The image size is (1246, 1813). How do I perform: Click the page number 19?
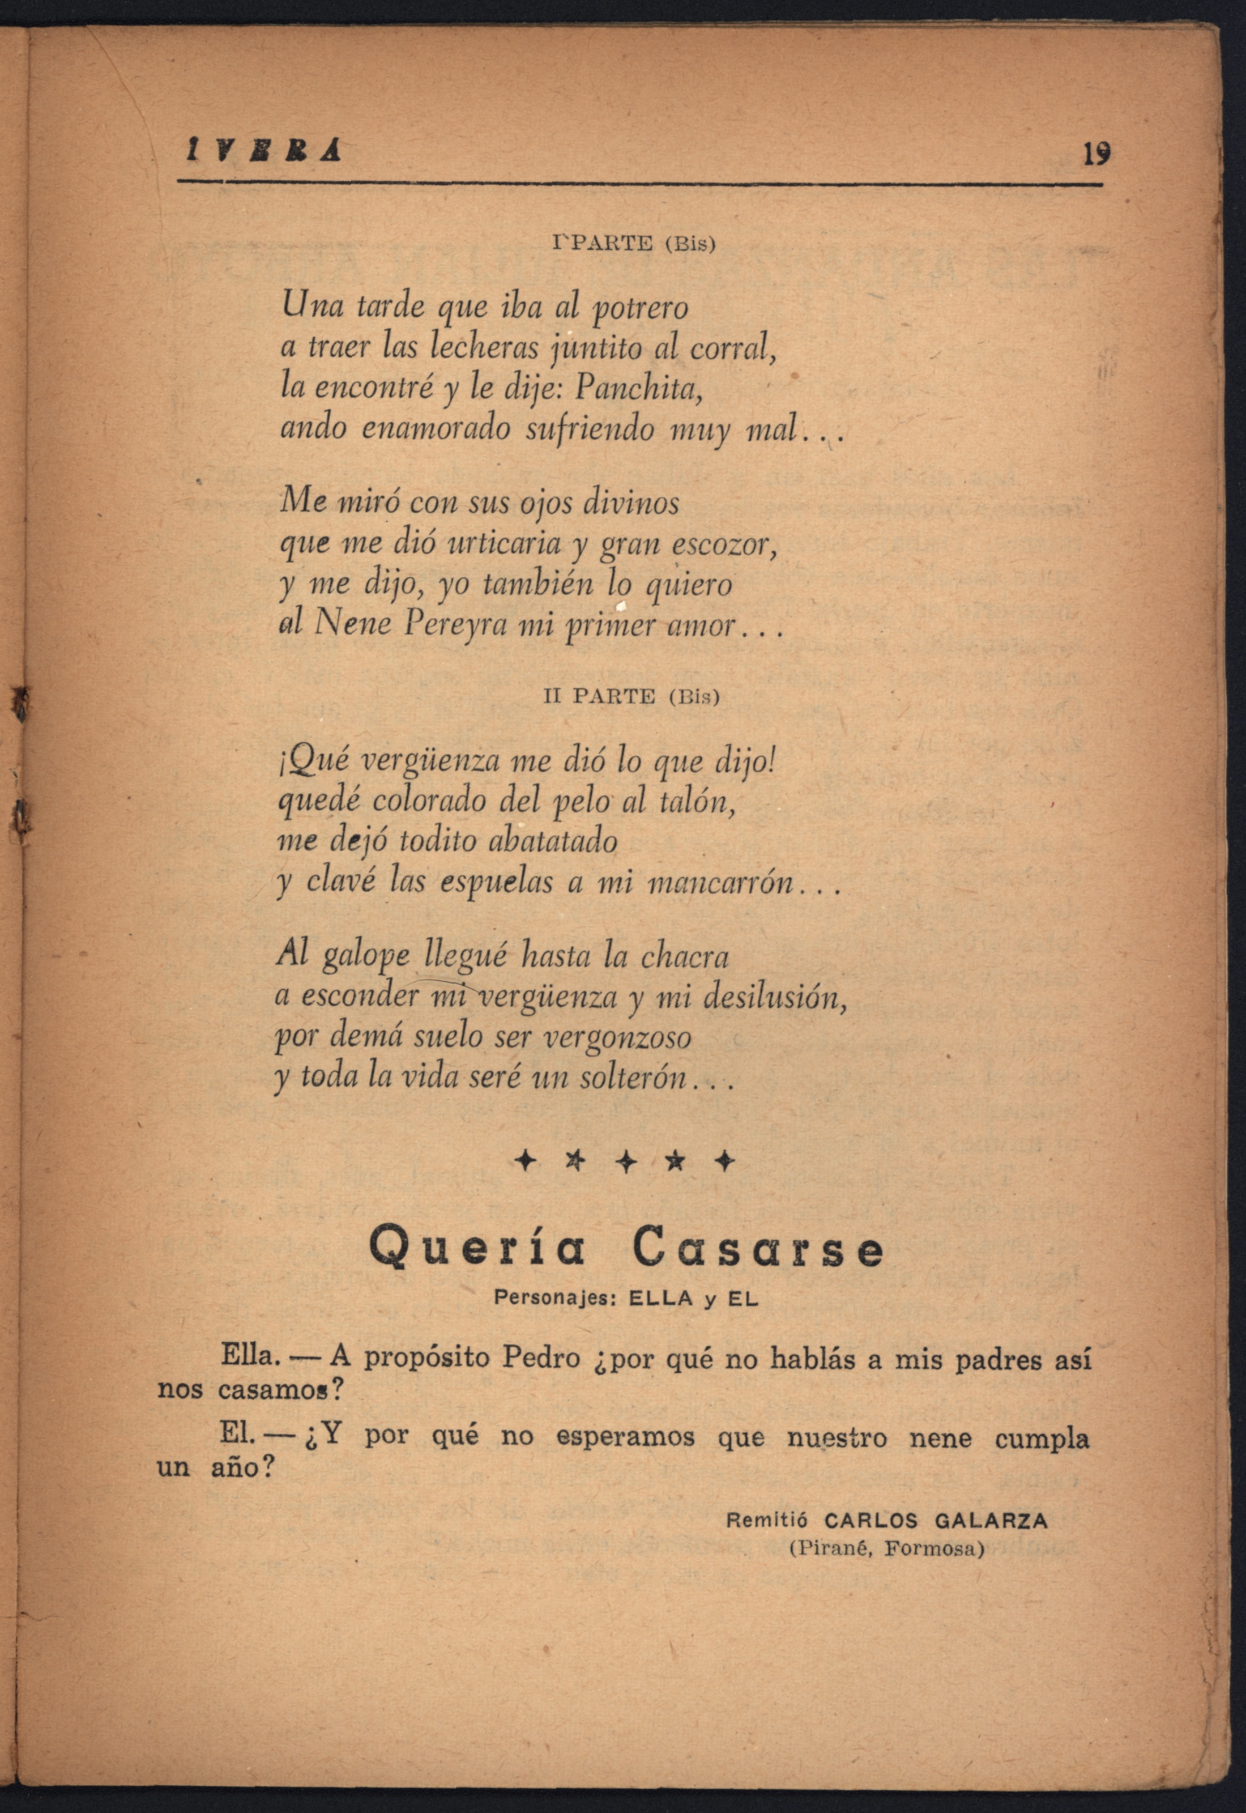1095,154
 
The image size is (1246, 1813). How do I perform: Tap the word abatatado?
552,841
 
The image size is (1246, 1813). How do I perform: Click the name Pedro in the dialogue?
540,1358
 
